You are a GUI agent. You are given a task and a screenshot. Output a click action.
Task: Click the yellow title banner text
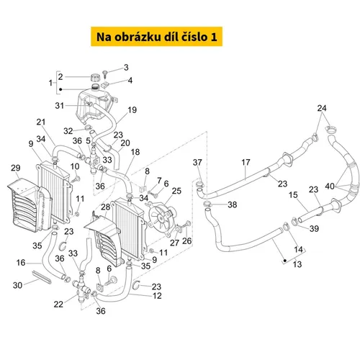pyautogui.click(x=157, y=37)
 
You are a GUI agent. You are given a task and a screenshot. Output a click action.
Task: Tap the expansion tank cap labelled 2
pyautogui.click(x=95, y=78)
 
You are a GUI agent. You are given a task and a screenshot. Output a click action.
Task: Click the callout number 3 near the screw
pyautogui.click(x=126, y=68)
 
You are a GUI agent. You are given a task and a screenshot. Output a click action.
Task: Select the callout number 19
pyautogui.click(x=132, y=110)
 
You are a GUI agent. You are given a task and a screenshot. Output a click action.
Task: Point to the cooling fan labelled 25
pyautogui.click(x=161, y=218)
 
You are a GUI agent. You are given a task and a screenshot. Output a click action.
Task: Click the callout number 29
pyautogui.click(x=16, y=168)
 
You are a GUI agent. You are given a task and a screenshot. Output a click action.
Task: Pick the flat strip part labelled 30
pyautogui.click(x=41, y=276)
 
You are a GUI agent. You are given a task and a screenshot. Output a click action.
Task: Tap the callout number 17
pyautogui.click(x=246, y=162)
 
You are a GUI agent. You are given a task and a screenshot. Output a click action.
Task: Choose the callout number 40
pyautogui.click(x=330, y=186)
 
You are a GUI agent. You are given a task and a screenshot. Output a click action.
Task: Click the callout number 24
pyautogui.click(x=322, y=108)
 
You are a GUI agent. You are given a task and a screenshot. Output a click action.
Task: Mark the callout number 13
pyautogui.click(x=297, y=264)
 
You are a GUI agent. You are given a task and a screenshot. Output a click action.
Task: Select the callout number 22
pyautogui.click(x=58, y=305)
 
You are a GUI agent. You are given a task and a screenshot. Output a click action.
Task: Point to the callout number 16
pyautogui.click(x=21, y=263)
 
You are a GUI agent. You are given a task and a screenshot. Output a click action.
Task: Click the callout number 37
pyautogui.click(x=197, y=163)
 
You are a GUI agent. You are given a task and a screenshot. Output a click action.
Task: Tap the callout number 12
pyautogui.click(x=157, y=296)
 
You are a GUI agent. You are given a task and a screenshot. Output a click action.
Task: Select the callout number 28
pyautogui.click(x=106, y=207)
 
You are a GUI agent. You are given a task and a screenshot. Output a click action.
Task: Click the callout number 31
pyautogui.click(x=60, y=106)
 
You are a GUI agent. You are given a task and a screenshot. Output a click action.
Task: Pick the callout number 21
pyautogui.click(x=41, y=122)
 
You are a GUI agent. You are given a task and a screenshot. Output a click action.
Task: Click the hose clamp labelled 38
pyautogui.click(x=207, y=204)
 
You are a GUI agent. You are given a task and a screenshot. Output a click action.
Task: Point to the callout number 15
pyautogui.click(x=293, y=195)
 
